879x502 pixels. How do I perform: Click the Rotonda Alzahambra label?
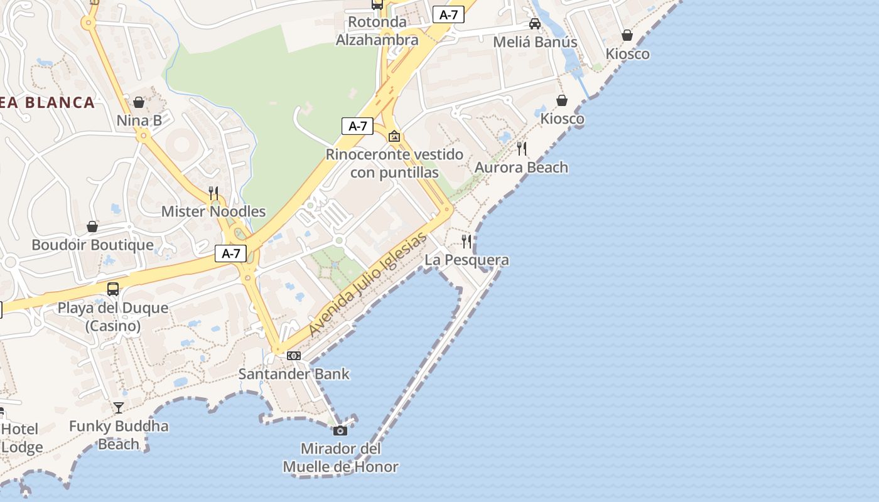pyautogui.click(x=377, y=31)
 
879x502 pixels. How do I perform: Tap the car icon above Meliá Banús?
pyautogui.click(x=535, y=24)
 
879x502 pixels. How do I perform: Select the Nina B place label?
pyautogui.click(x=139, y=120)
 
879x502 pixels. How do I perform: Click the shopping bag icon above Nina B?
pyautogui.click(x=139, y=102)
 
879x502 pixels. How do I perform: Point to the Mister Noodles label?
pyautogui.click(x=213, y=211)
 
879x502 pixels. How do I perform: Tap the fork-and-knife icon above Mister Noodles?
pyautogui.click(x=213, y=193)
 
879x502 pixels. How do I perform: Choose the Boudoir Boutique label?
pyautogui.click(x=92, y=245)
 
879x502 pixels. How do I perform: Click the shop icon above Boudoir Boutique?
pyautogui.click(x=92, y=227)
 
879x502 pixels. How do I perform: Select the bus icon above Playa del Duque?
pyautogui.click(x=113, y=289)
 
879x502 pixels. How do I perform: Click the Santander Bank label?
pyautogui.click(x=294, y=374)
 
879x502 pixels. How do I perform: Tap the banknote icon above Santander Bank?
pyautogui.click(x=293, y=356)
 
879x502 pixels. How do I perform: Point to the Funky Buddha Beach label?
pyautogui.click(x=119, y=435)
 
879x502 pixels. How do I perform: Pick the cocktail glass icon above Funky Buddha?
pyautogui.click(x=118, y=408)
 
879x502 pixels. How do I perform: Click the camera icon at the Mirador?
pyautogui.click(x=340, y=430)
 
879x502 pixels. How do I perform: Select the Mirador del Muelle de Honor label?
pyautogui.click(x=341, y=458)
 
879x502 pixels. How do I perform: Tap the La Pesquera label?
pyautogui.click(x=466, y=260)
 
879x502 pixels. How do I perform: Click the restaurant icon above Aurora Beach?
pyautogui.click(x=521, y=149)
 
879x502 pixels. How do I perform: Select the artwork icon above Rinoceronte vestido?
pyautogui.click(x=394, y=136)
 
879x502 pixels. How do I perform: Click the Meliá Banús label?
pyautogui.click(x=535, y=43)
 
